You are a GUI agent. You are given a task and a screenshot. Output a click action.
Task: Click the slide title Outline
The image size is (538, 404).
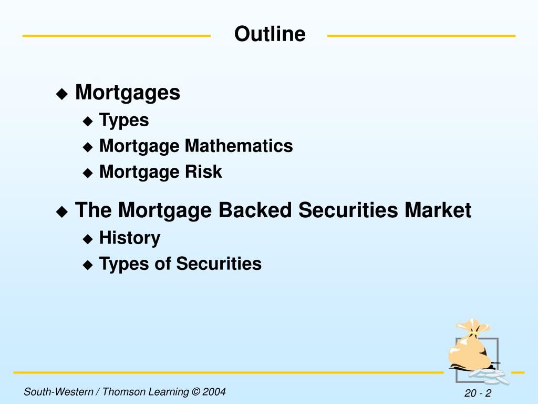(270, 34)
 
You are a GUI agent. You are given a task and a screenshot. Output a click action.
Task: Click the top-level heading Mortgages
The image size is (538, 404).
(128, 93)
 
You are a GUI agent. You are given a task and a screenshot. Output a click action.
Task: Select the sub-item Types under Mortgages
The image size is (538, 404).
(124, 120)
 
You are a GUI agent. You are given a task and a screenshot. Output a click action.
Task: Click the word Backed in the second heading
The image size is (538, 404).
(255, 210)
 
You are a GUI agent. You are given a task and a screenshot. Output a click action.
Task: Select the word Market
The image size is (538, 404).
(438, 210)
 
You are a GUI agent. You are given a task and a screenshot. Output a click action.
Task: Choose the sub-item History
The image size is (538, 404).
(130, 238)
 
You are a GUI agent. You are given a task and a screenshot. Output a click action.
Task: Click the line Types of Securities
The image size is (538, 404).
(180, 264)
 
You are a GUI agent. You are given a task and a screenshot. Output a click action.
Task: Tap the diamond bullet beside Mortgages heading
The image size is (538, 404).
(62, 95)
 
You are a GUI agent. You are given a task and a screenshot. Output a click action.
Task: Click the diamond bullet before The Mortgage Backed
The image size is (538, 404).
(62, 212)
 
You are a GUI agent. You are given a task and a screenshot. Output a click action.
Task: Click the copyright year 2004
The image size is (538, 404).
(215, 391)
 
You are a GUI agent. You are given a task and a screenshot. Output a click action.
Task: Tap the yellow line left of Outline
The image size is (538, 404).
(116, 36)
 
